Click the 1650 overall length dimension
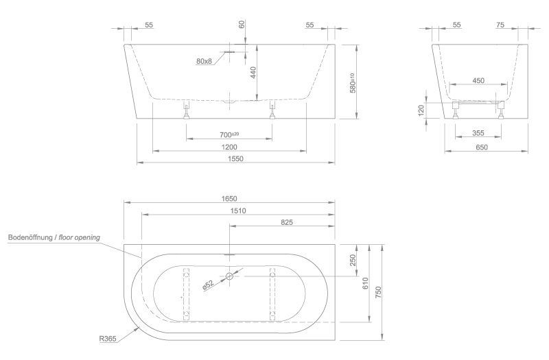point(229,197)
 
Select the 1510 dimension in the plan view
point(237,211)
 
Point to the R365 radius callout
point(108,338)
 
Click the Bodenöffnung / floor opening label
point(54,237)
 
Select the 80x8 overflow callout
point(204,62)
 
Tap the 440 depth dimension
point(253,73)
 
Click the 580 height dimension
point(353,82)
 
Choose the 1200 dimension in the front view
point(229,147)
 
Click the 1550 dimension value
point(236,159)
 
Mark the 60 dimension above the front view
point(242,25)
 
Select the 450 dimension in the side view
point(478,81)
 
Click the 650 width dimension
point(482,147)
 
